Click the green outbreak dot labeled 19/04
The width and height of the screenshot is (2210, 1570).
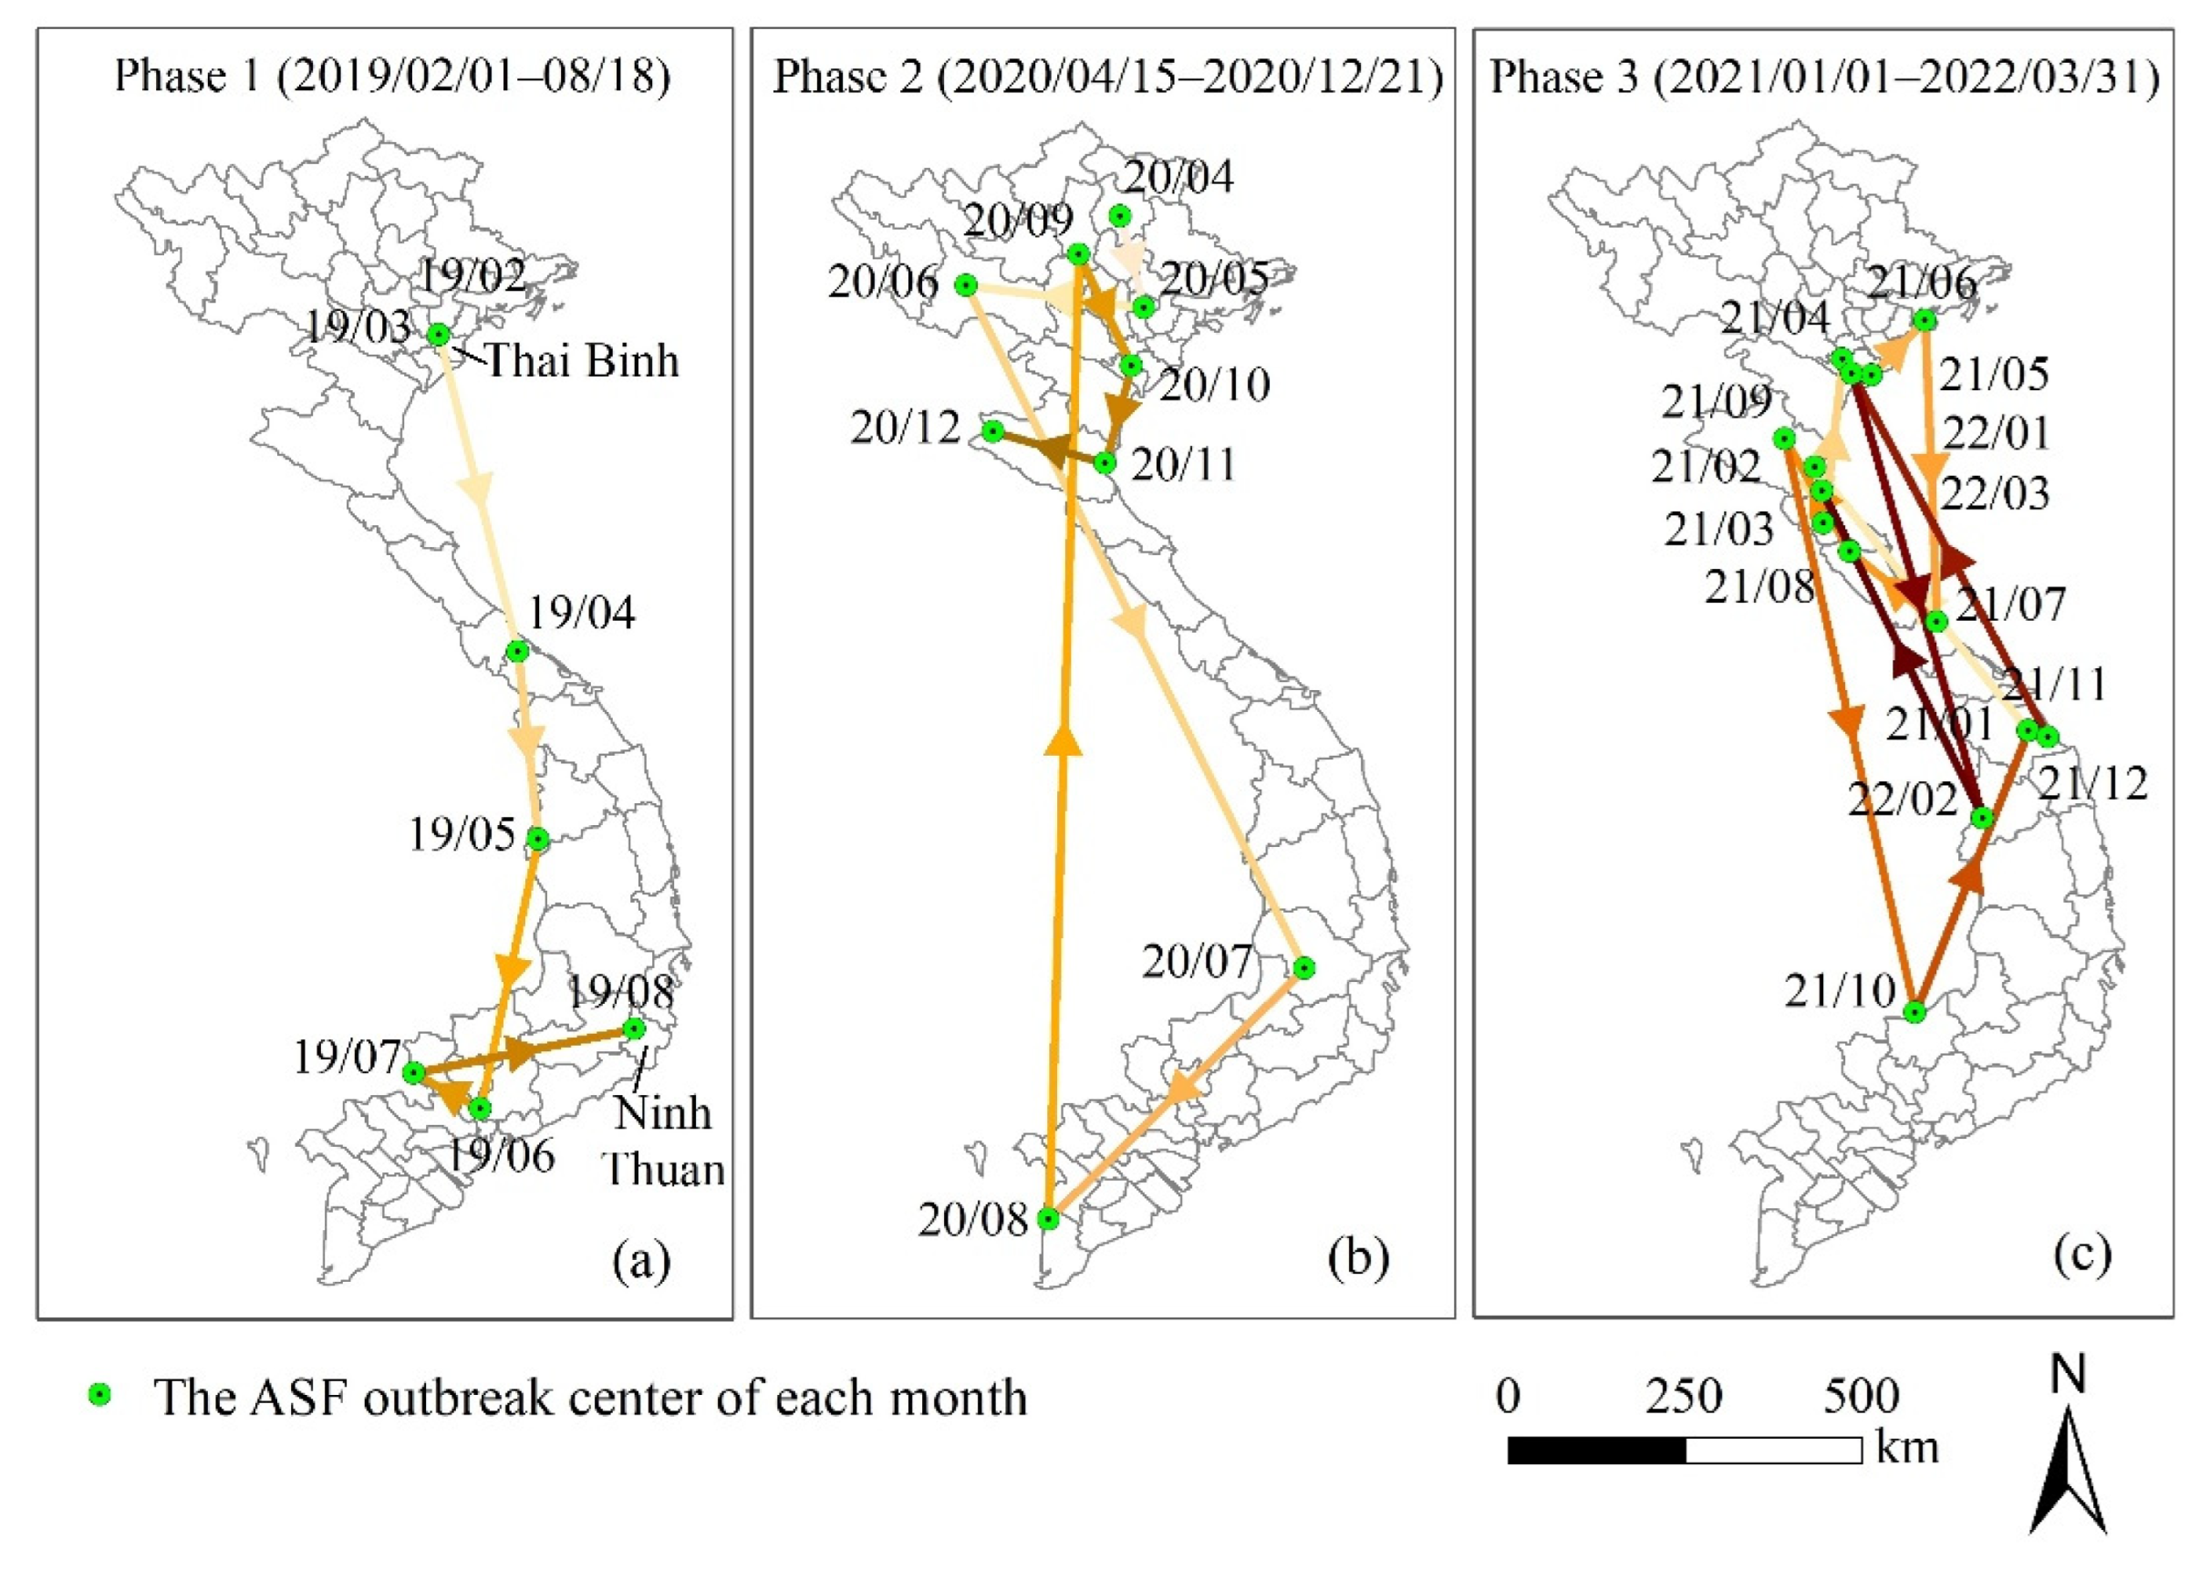click(517, 651)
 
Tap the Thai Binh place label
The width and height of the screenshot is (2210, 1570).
click(581, 362)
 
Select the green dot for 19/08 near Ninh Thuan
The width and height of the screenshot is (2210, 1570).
click(634, 1028)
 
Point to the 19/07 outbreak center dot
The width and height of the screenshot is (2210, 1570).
click(413, 1072)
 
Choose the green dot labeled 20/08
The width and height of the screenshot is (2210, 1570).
click(1048, 1219)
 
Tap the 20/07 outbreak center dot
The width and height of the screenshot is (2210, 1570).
click(1303, 967)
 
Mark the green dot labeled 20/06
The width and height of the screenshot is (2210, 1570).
click(965, 284)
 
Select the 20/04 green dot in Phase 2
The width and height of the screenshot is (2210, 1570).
click(1120, 215)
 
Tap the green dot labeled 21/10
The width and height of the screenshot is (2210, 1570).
click(1914, 1012)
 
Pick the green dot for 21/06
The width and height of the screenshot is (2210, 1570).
click(1925, 320)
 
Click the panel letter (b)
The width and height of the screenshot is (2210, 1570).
click(1358, 1260)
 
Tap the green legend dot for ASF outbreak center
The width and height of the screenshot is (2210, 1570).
click(99, 1396)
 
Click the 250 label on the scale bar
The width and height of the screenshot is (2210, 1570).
click(1684, 1396)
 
